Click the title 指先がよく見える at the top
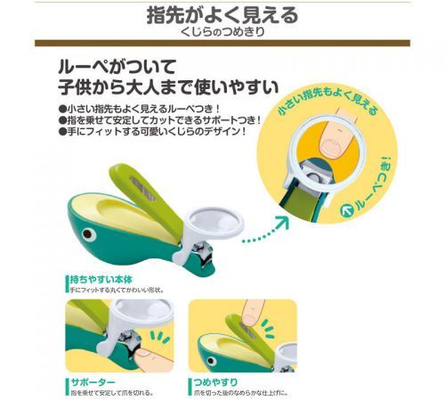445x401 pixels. pos(222,15)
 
